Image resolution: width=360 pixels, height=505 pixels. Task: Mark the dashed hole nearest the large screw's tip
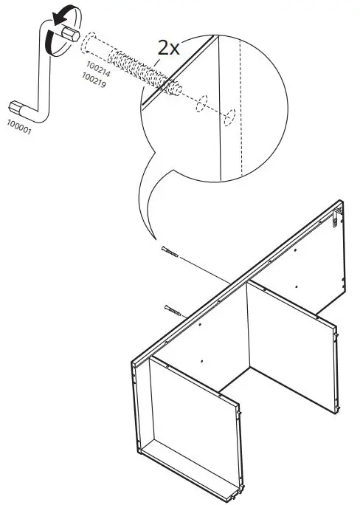(199, 105)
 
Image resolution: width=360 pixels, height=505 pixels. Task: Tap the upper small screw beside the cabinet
(169, 253)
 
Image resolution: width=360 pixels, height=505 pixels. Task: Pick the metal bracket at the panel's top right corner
(338, 218)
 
